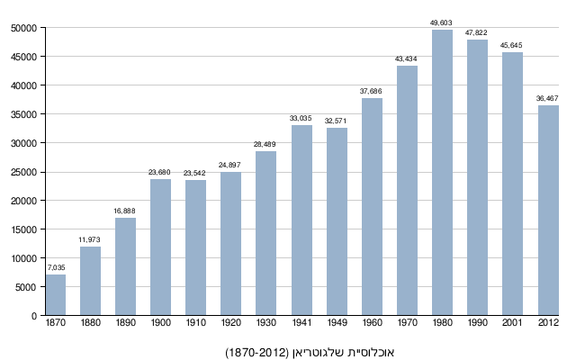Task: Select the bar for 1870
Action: click(56, 295)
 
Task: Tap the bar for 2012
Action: click(548, 211)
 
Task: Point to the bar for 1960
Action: click(372, 207)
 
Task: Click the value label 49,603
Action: click(442, 22)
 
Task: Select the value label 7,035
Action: click(56, 267)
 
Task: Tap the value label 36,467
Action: click(548, 98)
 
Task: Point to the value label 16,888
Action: click(125, 211)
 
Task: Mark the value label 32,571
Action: click(337, 121)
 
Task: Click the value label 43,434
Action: click(407, 58)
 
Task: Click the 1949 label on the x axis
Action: click(337, 322)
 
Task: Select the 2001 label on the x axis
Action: click(512, 322)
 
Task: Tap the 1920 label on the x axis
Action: click(230, 322)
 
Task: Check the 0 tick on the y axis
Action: click(33, 316)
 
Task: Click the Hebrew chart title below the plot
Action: click(310, 351)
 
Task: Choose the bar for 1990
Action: click(477, 177)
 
